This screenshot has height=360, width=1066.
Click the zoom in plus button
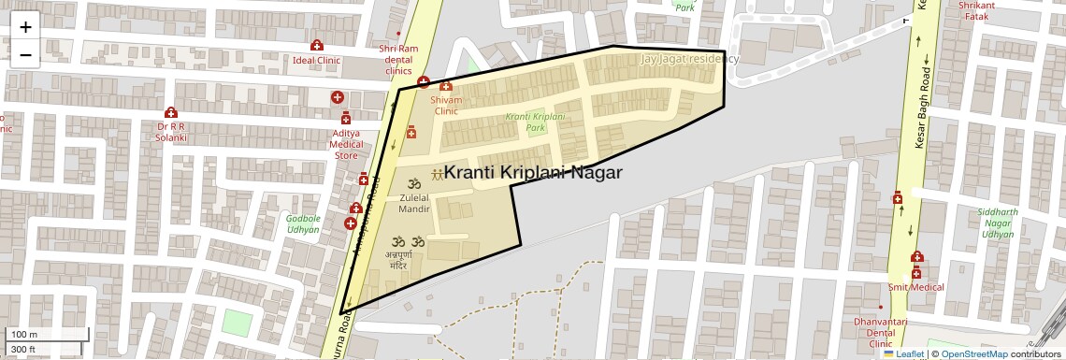click(x=25, y=27)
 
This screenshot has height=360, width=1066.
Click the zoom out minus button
click(x=25, y=55)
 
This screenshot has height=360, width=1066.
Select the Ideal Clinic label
click(x=316, y=60)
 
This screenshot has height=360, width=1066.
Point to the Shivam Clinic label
click(x=446, y=105)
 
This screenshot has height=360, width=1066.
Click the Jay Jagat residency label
click(x=689, y=59)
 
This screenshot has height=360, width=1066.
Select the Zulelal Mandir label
click(x=414, y=204)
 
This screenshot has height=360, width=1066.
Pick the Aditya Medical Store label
click(x=346, y=144)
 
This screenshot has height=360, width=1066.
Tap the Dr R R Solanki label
click(x=172, y=132)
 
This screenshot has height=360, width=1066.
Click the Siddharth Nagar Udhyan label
click(x=995, y=223)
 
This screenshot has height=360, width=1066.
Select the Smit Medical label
click(x=915, y=287)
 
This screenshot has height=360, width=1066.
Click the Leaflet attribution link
click(x=904, y=353)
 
